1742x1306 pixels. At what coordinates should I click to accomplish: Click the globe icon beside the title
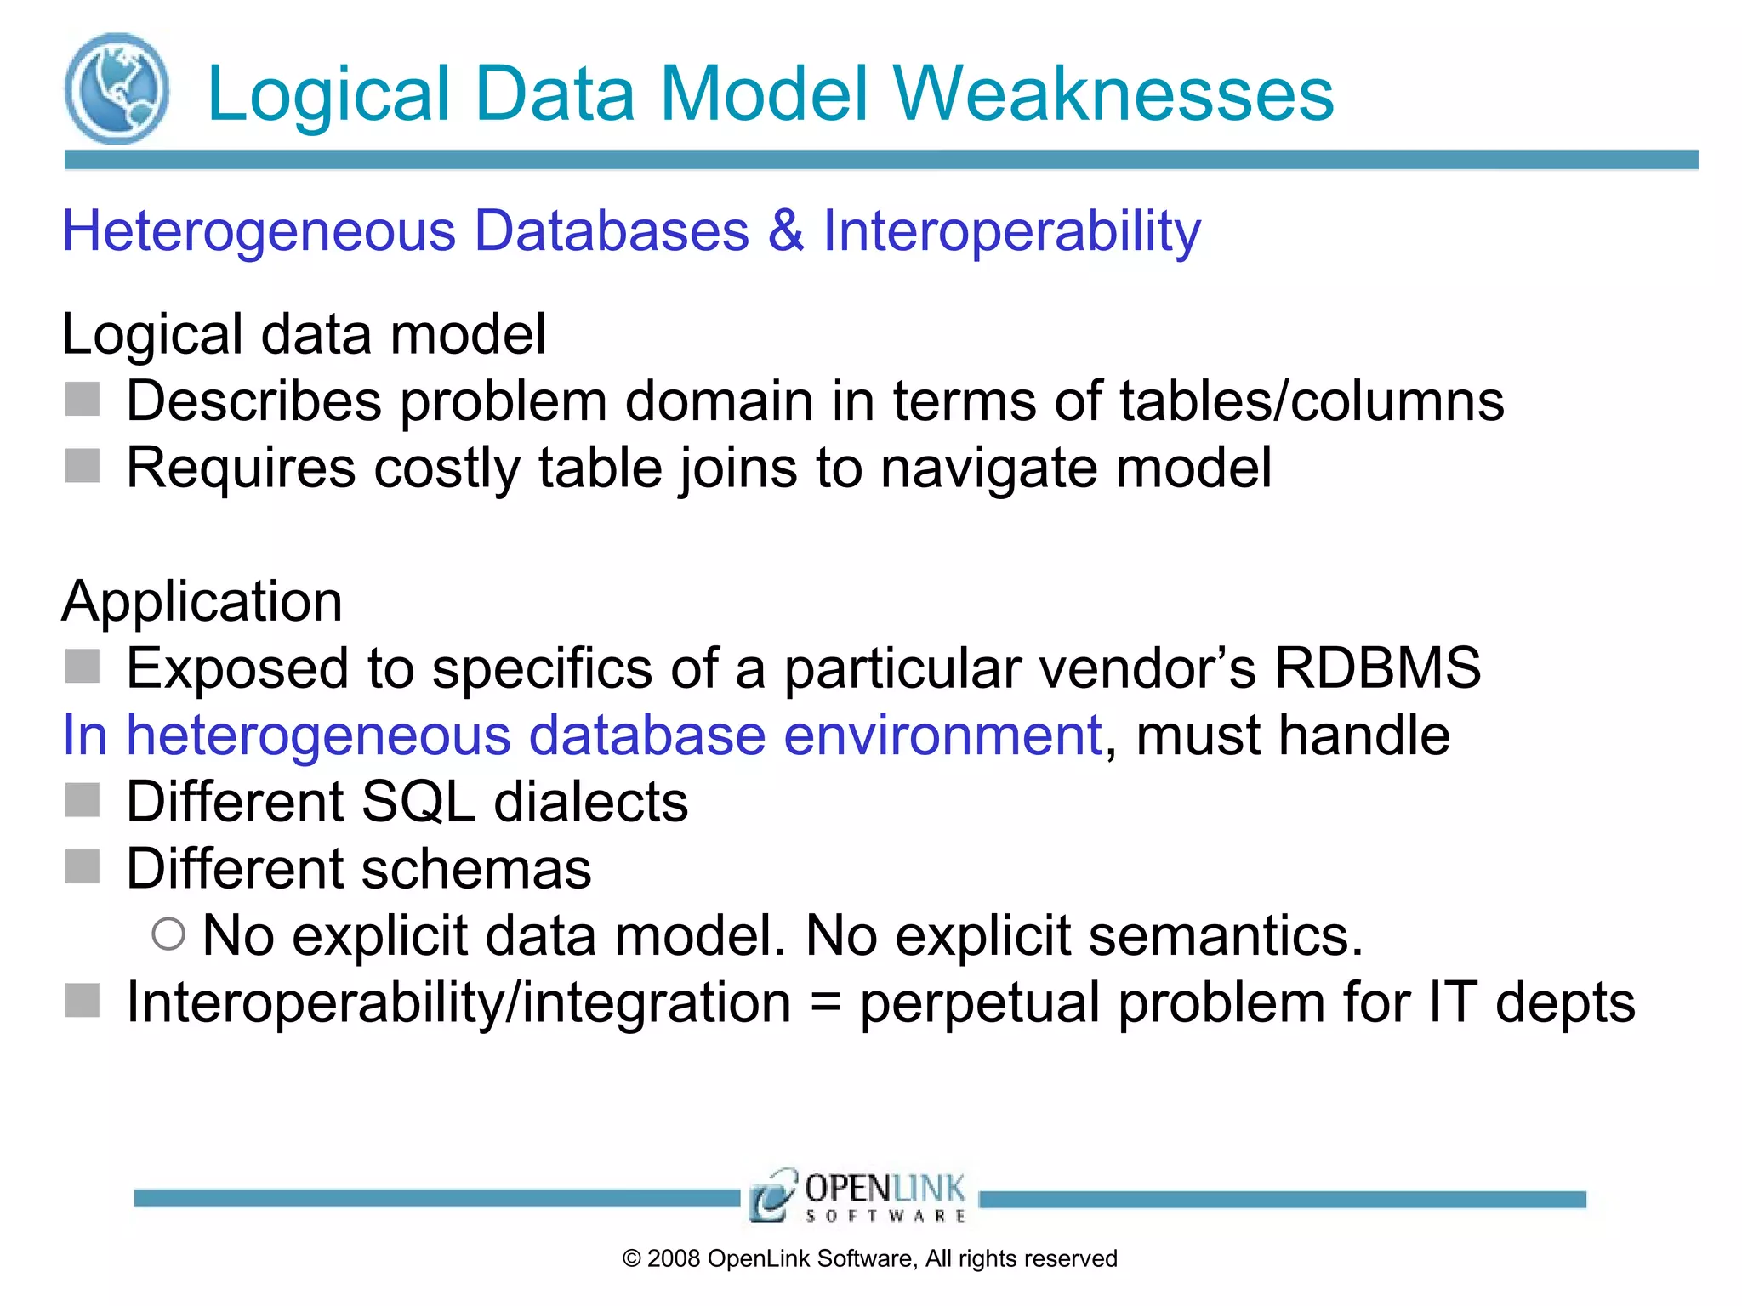point(117,88)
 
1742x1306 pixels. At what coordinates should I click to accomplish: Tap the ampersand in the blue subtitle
point(785,230)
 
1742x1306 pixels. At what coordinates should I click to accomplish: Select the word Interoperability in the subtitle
point(1011,231)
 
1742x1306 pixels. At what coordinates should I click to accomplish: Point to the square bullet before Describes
point(83,400)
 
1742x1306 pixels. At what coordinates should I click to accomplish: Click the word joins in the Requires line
point(737,468)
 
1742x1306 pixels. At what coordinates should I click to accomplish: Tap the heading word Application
point(202,601)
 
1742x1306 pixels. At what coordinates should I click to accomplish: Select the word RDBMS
point(1377,667)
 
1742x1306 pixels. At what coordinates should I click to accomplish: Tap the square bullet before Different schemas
point(83,867)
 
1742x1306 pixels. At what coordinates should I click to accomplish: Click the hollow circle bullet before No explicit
point(168,934)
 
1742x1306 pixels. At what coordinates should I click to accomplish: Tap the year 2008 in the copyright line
point(673,1259)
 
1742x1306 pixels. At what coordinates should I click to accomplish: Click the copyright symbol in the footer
point(631,1259)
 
